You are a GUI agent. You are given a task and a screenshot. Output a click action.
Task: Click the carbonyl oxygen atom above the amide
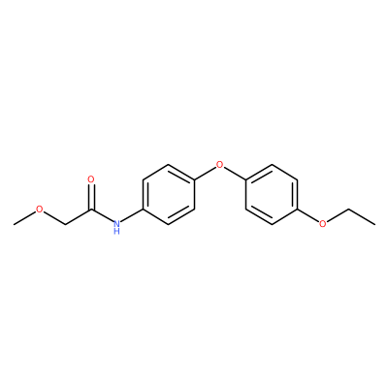91,179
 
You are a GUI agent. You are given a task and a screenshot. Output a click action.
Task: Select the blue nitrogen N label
116,223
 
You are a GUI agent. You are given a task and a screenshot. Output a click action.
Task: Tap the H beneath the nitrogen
116,232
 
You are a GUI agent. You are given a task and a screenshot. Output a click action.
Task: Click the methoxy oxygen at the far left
40,209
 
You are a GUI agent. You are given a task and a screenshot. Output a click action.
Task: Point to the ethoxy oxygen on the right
323,223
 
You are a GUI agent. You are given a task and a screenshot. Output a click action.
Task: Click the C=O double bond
91,197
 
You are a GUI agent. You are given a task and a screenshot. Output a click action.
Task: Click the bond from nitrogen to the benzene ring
132,215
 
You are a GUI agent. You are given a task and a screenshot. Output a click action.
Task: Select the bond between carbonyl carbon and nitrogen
102,215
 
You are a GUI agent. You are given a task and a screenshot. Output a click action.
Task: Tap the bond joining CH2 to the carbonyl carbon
79,216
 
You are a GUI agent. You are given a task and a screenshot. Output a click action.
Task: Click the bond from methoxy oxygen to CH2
54,217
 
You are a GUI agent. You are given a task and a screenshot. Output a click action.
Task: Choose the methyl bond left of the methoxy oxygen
24,217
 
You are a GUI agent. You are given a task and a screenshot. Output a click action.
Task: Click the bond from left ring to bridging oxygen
205,173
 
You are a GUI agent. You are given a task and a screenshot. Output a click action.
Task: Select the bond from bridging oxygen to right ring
235,173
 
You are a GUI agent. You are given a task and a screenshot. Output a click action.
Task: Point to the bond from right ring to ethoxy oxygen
307,215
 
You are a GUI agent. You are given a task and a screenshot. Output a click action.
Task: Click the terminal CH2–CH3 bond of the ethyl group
362,216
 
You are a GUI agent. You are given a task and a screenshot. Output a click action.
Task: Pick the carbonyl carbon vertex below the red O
91,210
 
